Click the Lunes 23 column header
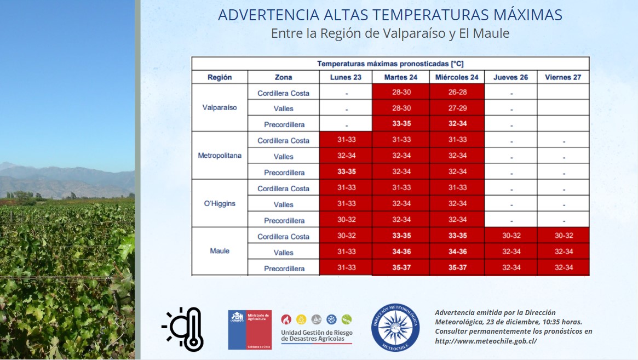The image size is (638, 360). tap(346, 77)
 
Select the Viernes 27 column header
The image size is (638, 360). tap(563, 77)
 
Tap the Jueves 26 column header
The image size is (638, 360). tap(510, 77)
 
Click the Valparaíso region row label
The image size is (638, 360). tap(220, 107)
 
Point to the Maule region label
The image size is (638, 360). tap(220, 251)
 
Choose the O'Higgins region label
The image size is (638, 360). tap(220, 203)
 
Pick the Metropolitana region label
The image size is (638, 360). tap(220, 156)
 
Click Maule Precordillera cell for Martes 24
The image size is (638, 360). tap(401, 267)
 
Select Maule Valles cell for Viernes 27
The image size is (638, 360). tap(563, 252)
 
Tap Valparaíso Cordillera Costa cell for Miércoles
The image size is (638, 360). tap(457, 92)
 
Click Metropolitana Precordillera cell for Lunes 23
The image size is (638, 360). tap(346, 172)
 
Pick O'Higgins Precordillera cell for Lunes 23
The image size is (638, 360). tap(346, 220)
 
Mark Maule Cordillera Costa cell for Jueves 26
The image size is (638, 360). tap(510, 236)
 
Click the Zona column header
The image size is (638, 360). tap(283, 77)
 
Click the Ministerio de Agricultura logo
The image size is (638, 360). tap(250, 329)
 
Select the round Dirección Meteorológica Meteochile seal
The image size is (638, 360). tap(395, 327)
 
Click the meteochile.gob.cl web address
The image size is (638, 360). tap(486, 341)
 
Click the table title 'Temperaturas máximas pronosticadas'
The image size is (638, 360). tap(390, 64)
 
